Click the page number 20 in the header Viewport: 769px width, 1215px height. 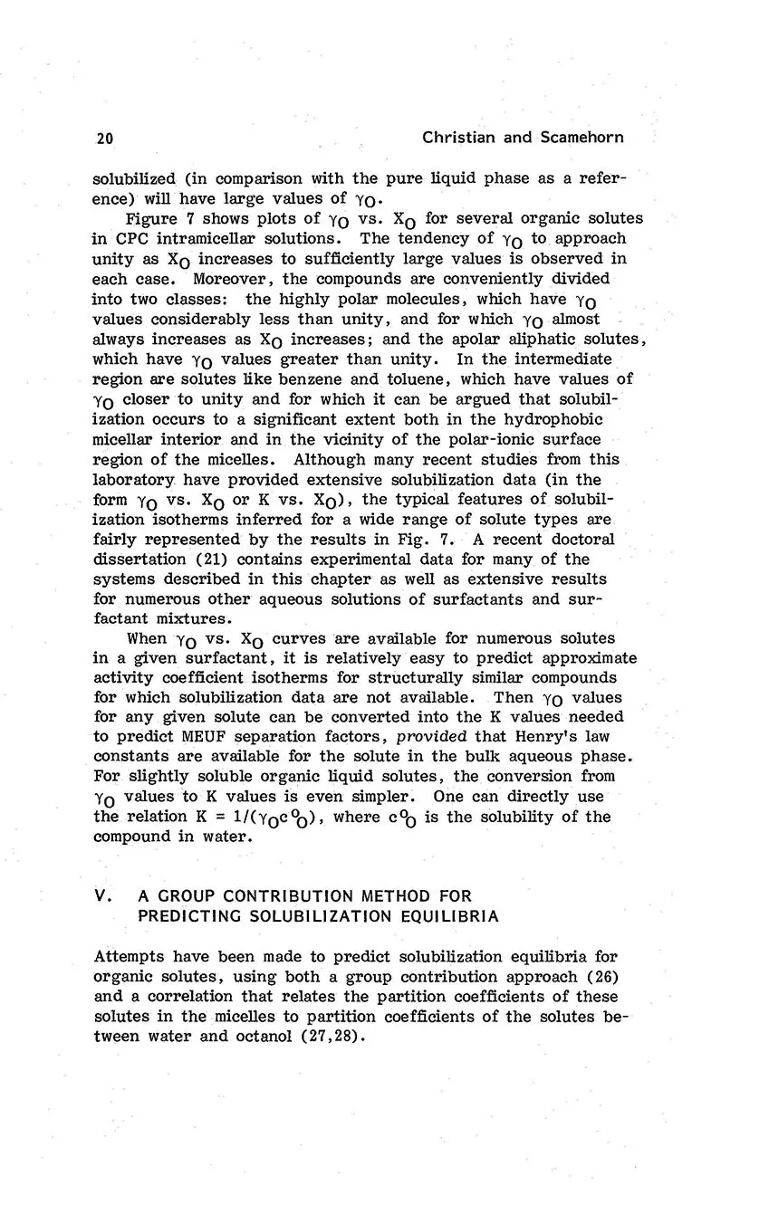point(103,139)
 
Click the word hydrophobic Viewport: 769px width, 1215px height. point(545,418)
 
